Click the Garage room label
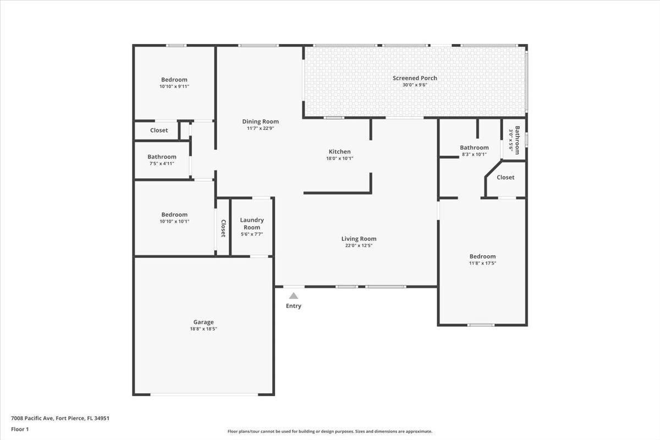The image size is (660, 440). coord(204,322)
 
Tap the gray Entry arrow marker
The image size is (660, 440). coord(294,296)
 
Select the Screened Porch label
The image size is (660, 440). coord(415,78)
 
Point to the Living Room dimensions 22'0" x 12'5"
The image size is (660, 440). coord(359,245)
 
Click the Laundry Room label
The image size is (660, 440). coord(252,224)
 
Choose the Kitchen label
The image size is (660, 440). coord(340,151)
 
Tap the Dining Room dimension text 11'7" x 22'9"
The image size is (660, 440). coord(261,128)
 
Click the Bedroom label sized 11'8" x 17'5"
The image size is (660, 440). coord(483,256)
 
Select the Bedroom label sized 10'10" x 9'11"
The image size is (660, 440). coord(174,80)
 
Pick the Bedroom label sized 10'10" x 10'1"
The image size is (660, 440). coord(174,215)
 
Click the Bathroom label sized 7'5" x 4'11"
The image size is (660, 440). coord(162,157)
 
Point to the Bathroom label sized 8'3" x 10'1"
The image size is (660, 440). coord(474,147)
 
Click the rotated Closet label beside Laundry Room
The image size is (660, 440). coord(223,228)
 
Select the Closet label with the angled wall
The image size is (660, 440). coord(505,178)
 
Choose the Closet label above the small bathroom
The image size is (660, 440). coord(159,130)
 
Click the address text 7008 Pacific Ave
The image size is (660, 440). coord(32,418)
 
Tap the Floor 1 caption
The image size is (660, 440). coord(20,430)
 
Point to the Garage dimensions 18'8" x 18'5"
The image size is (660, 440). coord(204,329)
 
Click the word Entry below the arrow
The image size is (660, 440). coord(294,306)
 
